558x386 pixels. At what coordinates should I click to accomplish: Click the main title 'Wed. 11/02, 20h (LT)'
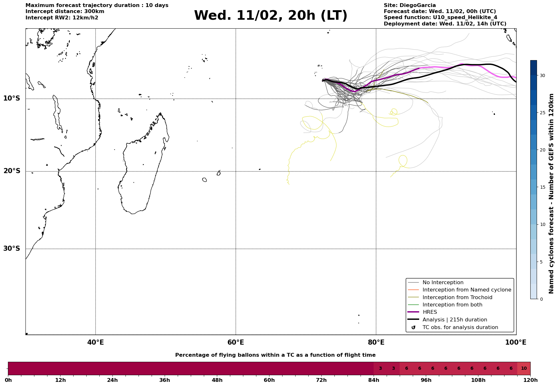pyautogui.click(x=270, y=16)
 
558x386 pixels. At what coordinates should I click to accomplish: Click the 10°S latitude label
pyautogui.click(x=12, y=98)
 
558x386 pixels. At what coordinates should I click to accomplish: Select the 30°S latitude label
pyautogui.click(x=12, y=249)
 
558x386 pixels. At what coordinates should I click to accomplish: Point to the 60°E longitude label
pyautogui.click(x=236, y=342)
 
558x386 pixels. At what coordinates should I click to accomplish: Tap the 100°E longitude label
pyautogui.click(x=516, y=342)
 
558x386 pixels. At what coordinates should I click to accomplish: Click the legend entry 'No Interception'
pyautogui.click(x=443, y=283)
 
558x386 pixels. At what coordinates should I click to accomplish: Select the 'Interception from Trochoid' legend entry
pyautogui.click(x=457, y=298)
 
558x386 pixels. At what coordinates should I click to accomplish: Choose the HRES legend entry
pyautogui.click(x=430, y=312)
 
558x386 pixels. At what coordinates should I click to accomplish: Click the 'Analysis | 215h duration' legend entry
pyautogui.click(x=454, y=320)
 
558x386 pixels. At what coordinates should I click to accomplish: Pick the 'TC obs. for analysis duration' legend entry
pyautogui.click(x=460, y=327)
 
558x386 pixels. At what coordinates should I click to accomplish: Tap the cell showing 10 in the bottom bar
pyautogui.click(x=524, y=368)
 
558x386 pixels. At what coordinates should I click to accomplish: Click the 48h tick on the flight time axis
pyautogui.click(x=217, y=380)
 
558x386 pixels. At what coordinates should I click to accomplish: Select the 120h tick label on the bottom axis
pyautogui.click(x=530, y=380)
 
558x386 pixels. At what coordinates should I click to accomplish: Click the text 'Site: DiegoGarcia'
pyautogui.click(x=410, y=5)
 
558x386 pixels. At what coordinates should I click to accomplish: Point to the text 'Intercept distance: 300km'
pyautogui.click(x=65, y=11)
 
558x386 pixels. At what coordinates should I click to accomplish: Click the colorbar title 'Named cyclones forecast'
pyautogui.click(x=551, y=193)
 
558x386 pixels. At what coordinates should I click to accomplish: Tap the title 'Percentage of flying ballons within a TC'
pyautogui.click(x=275, y=355)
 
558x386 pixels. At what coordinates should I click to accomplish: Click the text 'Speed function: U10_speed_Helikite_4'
pyautogui.click(x=440, y=18)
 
